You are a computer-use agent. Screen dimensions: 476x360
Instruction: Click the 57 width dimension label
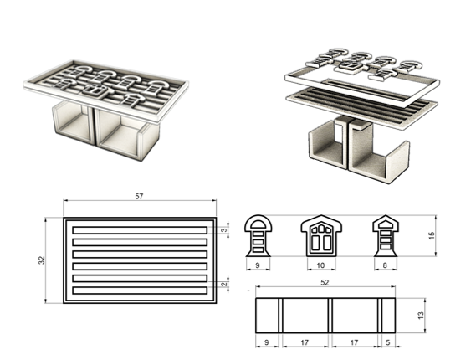139,196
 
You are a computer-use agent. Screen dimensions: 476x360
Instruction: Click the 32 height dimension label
42,260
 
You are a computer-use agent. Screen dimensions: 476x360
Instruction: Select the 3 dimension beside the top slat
224,230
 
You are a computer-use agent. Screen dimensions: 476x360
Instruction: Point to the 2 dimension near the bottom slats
224,285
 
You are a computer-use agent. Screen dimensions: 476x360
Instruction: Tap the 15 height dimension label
432,235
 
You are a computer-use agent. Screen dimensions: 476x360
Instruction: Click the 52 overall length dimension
325,282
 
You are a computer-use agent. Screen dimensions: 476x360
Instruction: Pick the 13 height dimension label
421,316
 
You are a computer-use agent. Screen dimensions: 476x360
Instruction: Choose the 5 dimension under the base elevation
388,342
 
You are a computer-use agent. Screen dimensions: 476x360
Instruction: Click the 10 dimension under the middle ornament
321,265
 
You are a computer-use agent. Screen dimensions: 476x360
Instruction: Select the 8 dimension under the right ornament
385,265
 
